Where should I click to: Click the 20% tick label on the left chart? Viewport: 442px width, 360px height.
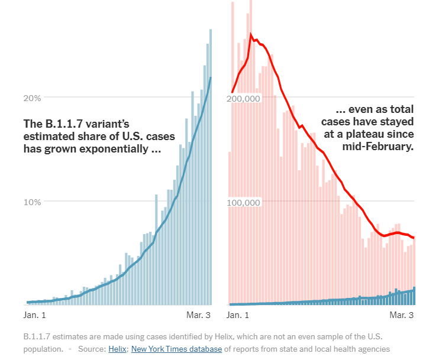coord(32,98)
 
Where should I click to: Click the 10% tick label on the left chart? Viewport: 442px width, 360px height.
coord(32,202)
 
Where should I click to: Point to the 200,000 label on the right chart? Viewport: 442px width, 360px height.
coord(244,98)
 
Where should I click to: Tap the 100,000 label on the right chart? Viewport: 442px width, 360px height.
coord(244,202)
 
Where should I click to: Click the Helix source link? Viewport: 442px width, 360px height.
coord(117,349)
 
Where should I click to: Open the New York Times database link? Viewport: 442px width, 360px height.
coord(176,349)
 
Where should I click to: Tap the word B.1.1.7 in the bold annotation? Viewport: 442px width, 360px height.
coord(62,124)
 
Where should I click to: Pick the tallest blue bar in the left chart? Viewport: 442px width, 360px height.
coord(210,166)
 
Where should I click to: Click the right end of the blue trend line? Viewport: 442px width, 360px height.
coord(211,78)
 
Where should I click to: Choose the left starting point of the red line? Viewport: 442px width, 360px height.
coord(231,93)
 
